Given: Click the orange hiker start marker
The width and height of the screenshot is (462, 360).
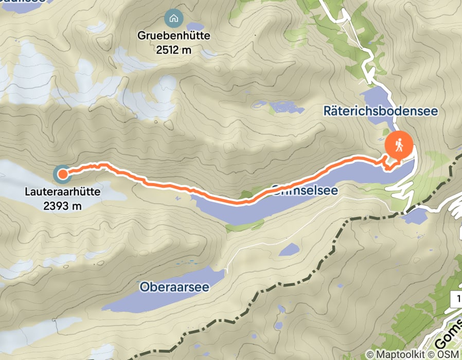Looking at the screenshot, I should tap(399, 146).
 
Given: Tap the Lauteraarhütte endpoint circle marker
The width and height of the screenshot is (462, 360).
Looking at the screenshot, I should tap(62, 174).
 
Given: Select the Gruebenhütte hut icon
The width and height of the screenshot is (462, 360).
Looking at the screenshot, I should tap(174, 19).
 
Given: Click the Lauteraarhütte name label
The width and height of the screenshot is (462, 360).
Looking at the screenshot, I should tap(62, 194).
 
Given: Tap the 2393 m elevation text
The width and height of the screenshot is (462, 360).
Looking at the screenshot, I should tap(62, 206).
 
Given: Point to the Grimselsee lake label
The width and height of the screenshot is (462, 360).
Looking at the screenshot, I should tap(304, 190).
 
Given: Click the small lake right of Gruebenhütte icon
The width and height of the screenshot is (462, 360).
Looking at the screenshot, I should tap(195, 26).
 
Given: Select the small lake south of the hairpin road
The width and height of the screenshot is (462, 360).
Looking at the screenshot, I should tap(414, 217).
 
